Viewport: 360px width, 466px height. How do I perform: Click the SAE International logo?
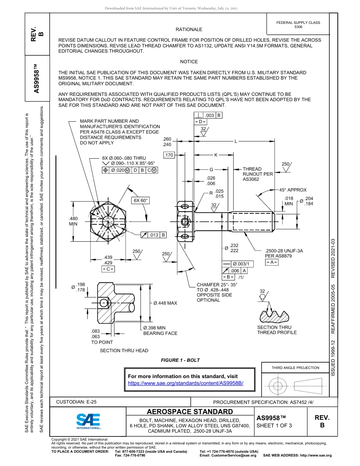[x=88, y=421]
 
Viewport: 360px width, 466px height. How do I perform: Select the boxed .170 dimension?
[x=169, y=155]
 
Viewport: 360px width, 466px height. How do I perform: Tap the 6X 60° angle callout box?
[x=140, y=200]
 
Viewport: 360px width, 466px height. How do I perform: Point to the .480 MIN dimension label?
[x=73, y=221]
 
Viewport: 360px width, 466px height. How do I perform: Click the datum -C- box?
[x=108, y=269]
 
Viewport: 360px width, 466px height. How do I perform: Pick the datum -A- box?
[x=271, y=262]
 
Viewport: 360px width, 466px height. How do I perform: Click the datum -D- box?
[x=201, y=122]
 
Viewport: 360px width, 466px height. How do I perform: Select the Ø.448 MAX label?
[x=165, y=303]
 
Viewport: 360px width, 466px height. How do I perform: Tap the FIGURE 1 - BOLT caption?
[x=180, y=360]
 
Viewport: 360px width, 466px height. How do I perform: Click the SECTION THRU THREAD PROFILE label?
[x=277, y=330]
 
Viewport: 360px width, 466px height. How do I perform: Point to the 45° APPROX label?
[x=293, y=189]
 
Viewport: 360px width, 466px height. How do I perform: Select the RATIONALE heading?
[x=189, y=29]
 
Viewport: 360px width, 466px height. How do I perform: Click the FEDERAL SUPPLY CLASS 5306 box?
[x=298, y=25]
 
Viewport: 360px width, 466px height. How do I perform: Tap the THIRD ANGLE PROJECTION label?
[x=295, y=367]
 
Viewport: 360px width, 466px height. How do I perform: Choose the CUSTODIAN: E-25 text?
[x=76, y=402]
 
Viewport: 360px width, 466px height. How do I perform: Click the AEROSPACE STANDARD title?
[x=190, y=412]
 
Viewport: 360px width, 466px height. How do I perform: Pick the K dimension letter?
[x=216, y=155]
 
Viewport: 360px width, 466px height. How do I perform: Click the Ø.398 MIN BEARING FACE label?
[x=160, y=330]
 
